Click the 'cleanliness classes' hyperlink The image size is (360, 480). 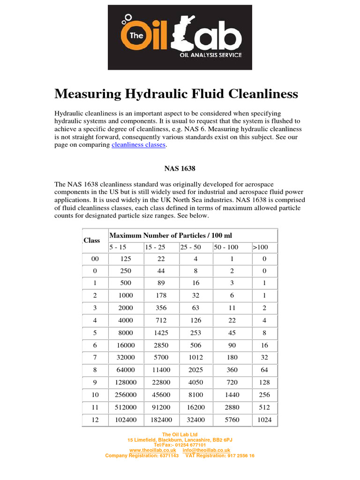pos(138,145)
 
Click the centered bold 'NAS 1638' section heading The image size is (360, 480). pos(180,168)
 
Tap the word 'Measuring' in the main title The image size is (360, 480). pos(87,94)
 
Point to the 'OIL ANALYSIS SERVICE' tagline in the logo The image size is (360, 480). pos(211,55)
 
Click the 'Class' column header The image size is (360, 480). pos(92,240)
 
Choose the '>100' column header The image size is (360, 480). pos(260,247)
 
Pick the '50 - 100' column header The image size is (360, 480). pos(226,247)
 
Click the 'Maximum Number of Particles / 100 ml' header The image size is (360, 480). pos(171,235)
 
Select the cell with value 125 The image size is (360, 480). pos(125,258)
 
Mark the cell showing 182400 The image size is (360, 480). pos(161,420)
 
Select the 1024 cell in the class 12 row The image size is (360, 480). pos(264,420)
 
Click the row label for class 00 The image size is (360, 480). pos(95,258)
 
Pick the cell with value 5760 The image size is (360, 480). pos(232,420)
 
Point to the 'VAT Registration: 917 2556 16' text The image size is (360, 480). pos(220,455)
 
